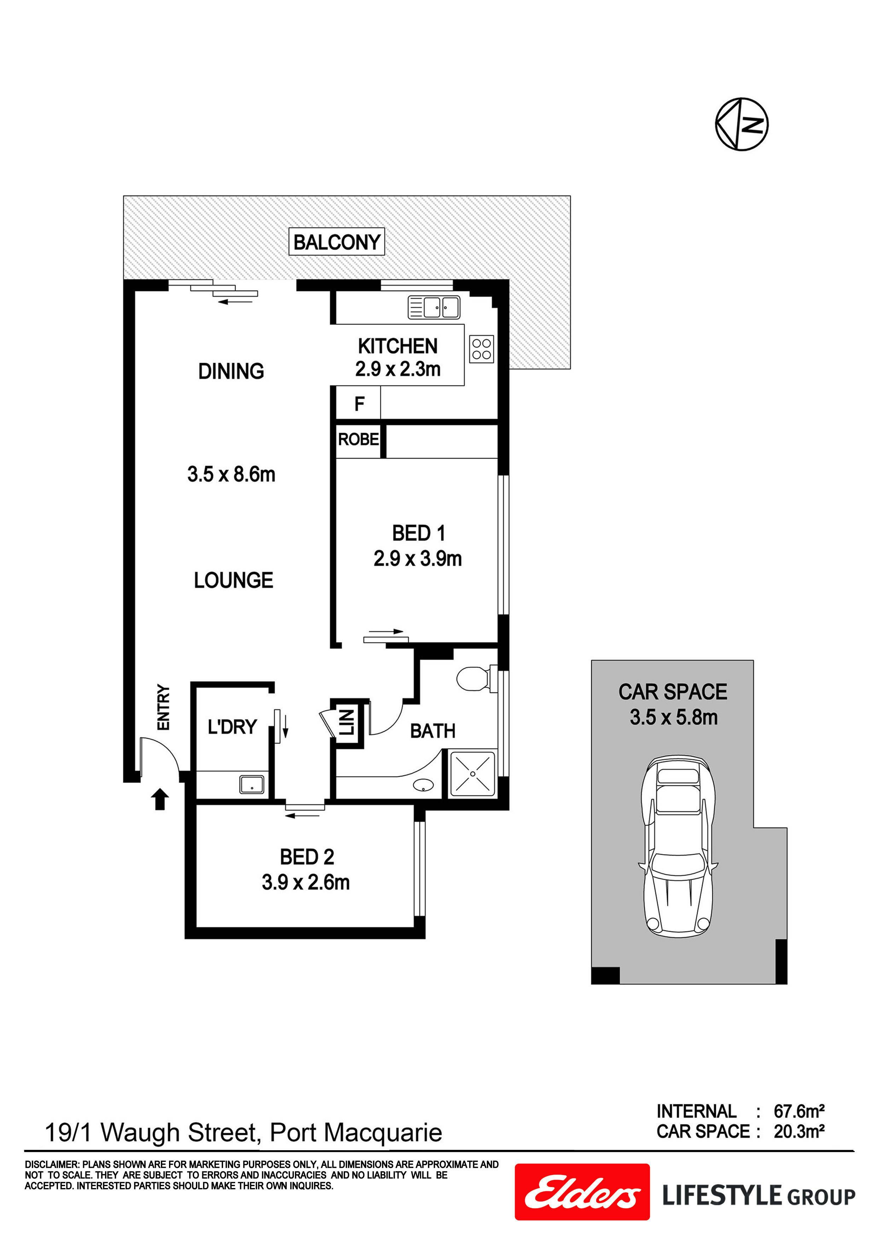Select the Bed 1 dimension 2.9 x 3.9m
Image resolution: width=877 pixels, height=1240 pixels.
(x=417, y=558)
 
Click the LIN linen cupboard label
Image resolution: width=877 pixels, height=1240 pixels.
(x=346, y=723)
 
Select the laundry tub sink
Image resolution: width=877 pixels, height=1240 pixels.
(x=252, y=785)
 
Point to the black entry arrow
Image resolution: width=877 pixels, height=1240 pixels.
(x=160, y=799)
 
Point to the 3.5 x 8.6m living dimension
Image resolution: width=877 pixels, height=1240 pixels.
(x=231, y=475)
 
